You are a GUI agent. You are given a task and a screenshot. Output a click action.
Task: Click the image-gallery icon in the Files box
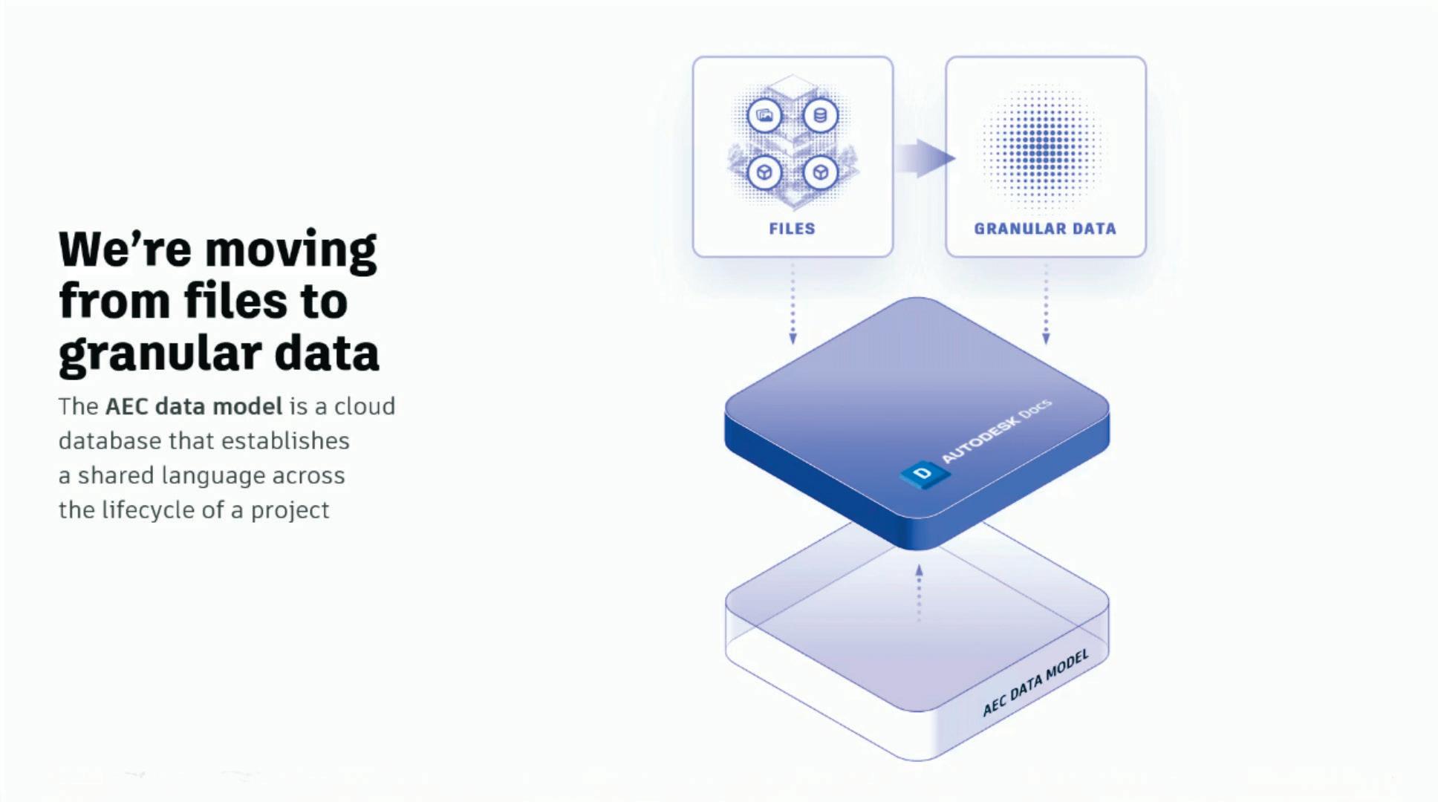click(764, 116)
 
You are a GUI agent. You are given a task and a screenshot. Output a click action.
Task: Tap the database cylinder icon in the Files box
click(820, 116)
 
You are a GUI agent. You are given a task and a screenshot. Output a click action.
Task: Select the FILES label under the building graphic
click(792, 229)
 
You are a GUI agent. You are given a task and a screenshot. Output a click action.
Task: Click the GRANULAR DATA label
click(1045, 229)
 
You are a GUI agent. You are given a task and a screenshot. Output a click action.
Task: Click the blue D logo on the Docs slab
click(923, 473)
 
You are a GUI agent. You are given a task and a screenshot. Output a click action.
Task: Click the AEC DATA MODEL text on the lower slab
click(1035, 682)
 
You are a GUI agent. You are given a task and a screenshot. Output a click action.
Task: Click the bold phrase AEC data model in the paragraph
click(194, 406)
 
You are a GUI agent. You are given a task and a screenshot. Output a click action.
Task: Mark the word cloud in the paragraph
click(364, 406)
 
